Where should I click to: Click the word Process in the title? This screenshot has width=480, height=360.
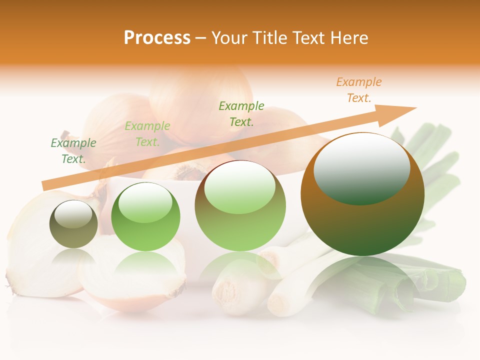point(157,38)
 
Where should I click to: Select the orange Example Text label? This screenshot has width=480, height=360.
point(359,90)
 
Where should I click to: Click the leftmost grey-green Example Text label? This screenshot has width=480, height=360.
point(73,151)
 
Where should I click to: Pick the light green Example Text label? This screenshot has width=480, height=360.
point(147,134)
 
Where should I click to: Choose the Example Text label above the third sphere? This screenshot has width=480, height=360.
point(241,114)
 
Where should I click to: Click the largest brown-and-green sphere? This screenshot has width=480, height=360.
point(362,220)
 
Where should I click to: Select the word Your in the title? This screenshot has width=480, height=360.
point(230,38)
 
